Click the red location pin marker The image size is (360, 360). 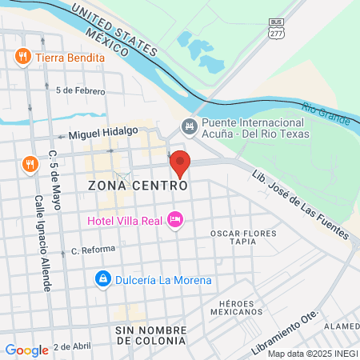180,164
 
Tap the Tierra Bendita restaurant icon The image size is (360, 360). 22,58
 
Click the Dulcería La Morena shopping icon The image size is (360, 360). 102,280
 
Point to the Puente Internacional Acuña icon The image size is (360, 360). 189,126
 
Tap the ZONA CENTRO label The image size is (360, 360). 138,185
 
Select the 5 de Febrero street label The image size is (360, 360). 80,90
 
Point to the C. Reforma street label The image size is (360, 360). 93,250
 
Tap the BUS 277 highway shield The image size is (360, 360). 276,28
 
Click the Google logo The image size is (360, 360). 26,350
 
